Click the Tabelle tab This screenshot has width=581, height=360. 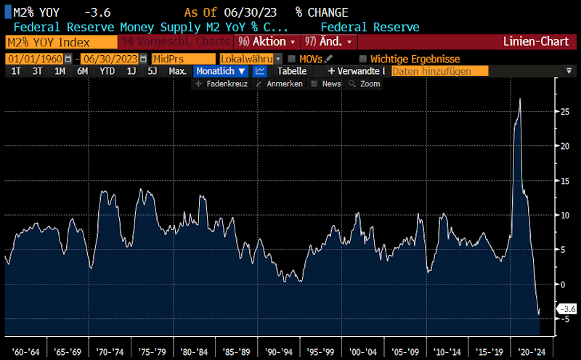[x=291, y=71]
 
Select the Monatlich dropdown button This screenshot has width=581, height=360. [x=222, y=71]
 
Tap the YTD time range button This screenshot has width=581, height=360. [x=107, y=71]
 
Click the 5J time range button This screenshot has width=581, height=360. [x=152, y=71]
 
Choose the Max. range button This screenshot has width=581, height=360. [x=177, y=71]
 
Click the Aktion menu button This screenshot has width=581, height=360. [x=267, y=42]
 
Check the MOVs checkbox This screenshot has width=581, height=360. [x=292, y=59]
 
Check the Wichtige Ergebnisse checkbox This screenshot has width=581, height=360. [x=363, y=59]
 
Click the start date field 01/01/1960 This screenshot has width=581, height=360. [x=34, y=59]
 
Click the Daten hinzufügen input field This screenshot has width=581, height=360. [x=439, y=71]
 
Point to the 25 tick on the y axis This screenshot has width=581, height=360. [x=564, y=111]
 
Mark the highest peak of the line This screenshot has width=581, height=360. [x=520, y=99]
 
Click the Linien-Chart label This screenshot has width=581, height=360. [x=536, y=42]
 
